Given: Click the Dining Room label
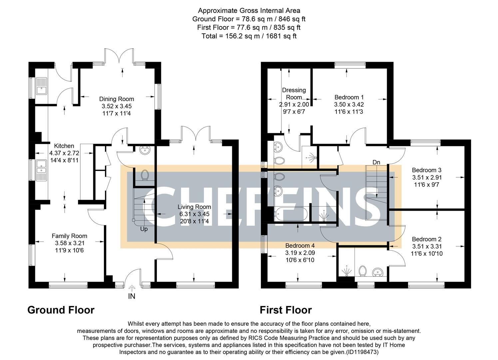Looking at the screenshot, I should click(x=117, y=99).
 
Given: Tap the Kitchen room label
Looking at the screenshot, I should click(x=64, y=146).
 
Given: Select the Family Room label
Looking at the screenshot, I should click(x=69, y=236).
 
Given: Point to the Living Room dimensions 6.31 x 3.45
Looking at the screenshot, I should click(x=194, y=214).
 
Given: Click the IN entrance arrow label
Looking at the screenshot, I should click(x=132, y=296).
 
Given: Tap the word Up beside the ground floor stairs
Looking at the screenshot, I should click(x=144, y=229).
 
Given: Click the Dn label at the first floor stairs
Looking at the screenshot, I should click(x=376, y=162).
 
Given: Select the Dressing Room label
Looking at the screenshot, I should click(x=294, y=94).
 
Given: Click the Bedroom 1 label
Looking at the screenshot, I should click(x=349, y=97).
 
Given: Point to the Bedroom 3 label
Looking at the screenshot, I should click(x=426, y=170).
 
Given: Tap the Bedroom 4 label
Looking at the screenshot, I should click(x=300, y=246).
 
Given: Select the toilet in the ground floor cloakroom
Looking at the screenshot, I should click(x=145, y=175).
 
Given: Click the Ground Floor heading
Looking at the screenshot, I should click(x=61, y=310).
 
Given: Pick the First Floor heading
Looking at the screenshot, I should click(x=285, y=310).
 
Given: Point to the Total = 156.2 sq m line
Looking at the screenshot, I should click(x=249, y=36).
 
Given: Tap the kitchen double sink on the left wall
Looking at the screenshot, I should click(x=42, y=170).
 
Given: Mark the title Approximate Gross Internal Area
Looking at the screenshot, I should click(x=249, y=11).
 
